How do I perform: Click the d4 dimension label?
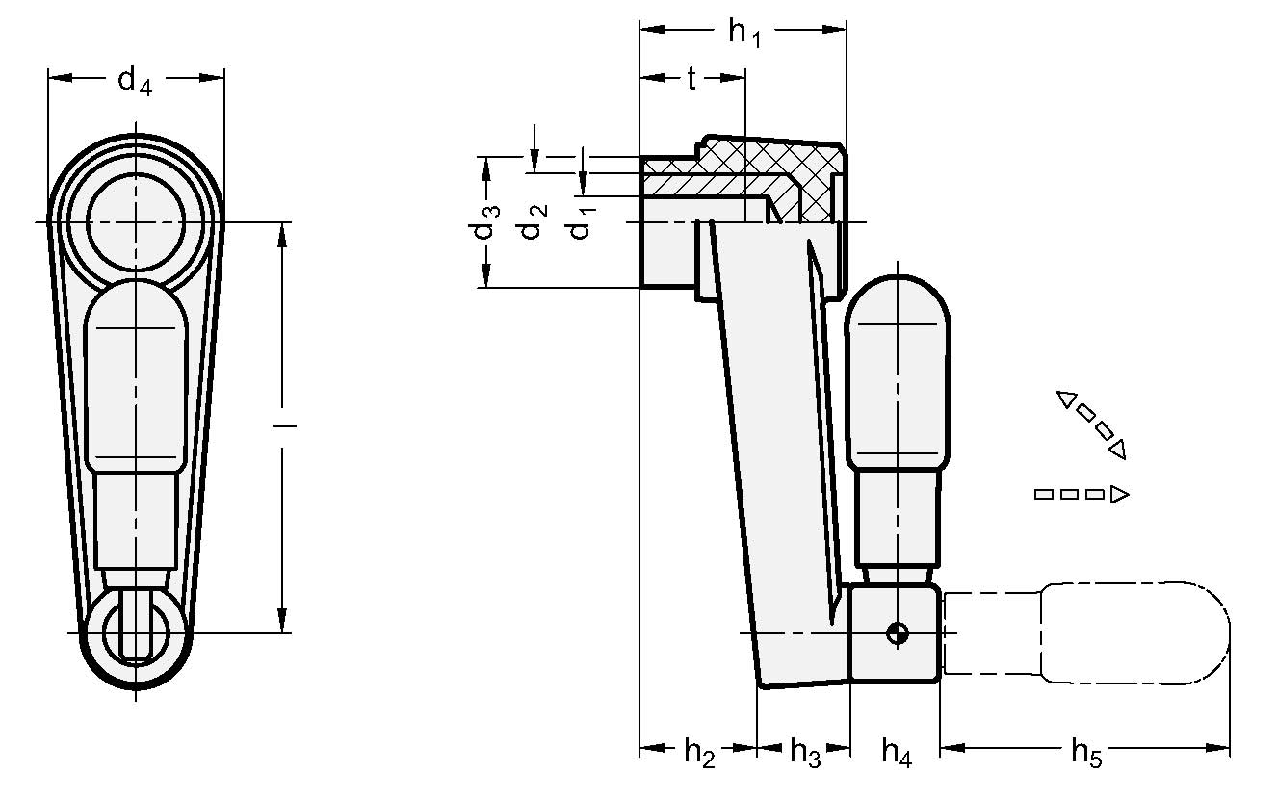click(135, 81)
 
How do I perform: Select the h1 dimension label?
click(743, 33)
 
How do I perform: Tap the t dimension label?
click(691, 80)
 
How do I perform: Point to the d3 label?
click(490, 223)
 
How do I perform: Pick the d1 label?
click(581, 224)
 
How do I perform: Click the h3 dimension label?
click(804, 752)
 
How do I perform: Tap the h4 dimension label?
click(896, 752)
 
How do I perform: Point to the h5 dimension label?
click(1085, 752)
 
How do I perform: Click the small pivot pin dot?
click(898, 632)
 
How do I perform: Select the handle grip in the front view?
click(135, 385)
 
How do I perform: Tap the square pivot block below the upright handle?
click(895, 632)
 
